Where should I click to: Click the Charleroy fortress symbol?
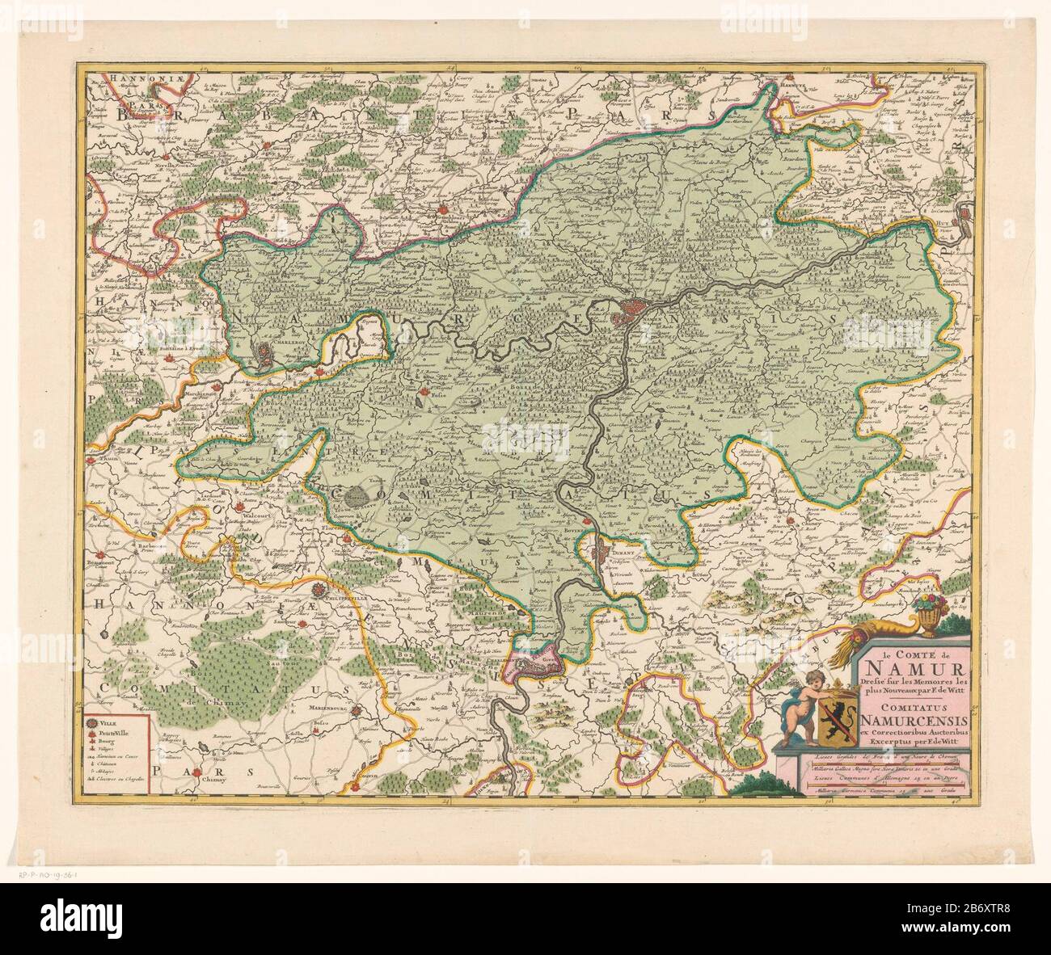click(x=265, y=352)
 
